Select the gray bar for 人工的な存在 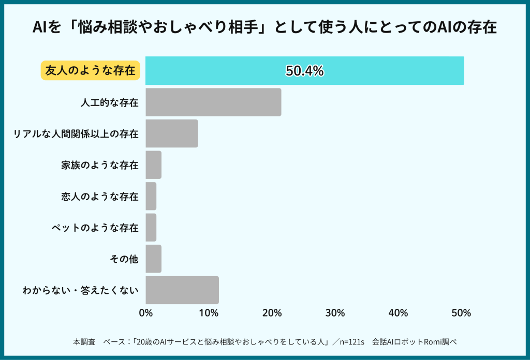(213, 102)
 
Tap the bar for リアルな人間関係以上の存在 (172, 133)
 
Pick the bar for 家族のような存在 (154, 165)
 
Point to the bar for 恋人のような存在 (151, 196)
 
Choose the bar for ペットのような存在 (151, 227)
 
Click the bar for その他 (154, 259)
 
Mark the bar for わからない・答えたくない (182, 290)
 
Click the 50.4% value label (305, 71)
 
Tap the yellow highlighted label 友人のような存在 (91, 71)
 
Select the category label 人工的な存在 (109, 102)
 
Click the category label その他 (124, 259)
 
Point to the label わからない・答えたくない (81, 290)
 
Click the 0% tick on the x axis (146, 313)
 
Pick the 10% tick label (209, 313)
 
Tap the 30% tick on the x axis (335, 313)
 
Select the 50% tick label (461, 313)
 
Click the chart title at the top (264, 27)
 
